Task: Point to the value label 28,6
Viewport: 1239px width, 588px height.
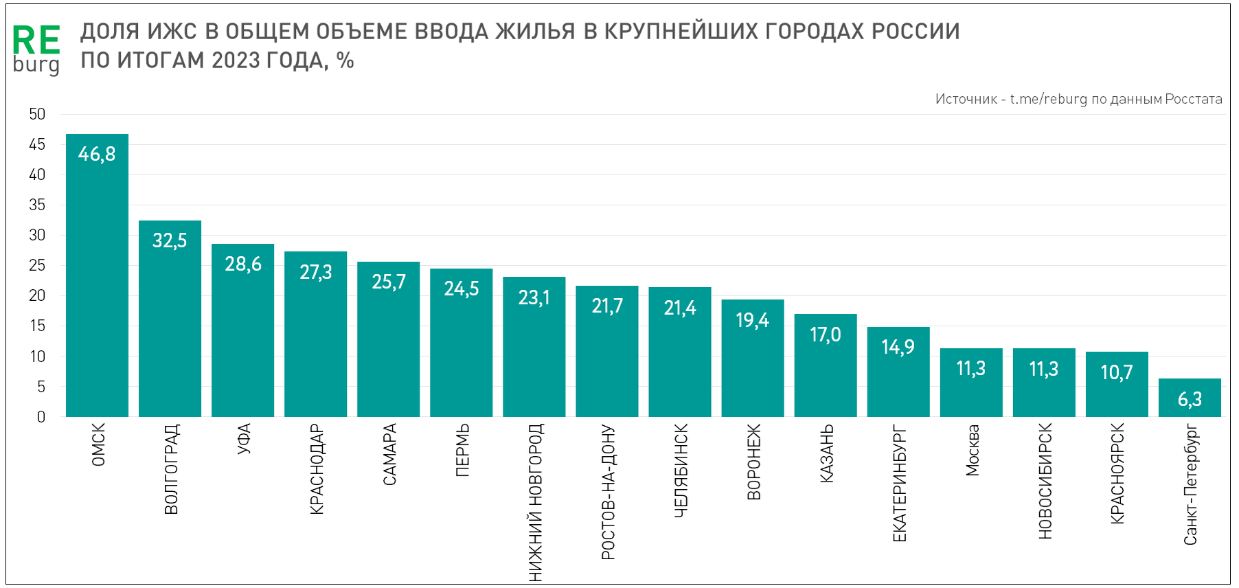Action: [x=243, y=264]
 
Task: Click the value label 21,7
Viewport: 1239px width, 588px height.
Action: [x=607, y=306]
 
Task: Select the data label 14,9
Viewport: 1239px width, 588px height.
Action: [x=898, y=347]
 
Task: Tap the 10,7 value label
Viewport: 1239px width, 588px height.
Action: [x=1117, y=372]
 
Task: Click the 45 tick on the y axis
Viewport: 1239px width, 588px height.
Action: [x=37, y=144]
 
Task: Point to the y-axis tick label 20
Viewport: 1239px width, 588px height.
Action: [x=37, y=295]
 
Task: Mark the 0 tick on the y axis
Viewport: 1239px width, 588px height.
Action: [x=41, y=417]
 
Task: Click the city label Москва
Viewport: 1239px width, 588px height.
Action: [x=972, y=451]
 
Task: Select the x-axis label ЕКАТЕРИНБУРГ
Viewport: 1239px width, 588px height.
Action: [x=899, y=484]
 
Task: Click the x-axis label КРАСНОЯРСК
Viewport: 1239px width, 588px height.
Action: [x=1117, y=474]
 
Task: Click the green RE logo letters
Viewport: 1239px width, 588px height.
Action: [x=36, y=41]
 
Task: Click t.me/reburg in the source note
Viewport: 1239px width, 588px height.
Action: [x=1049, y=99]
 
